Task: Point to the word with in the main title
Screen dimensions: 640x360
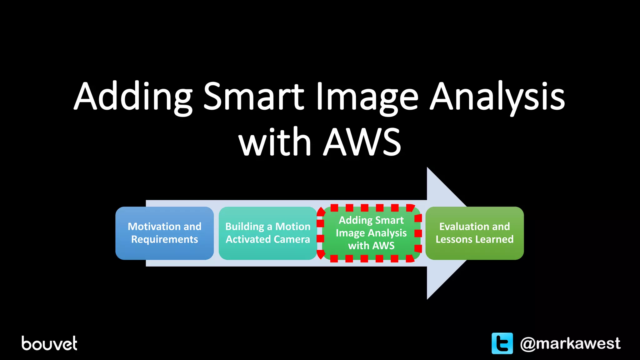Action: [275, 142]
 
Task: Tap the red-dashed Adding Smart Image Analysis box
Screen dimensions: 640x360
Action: [371, 233]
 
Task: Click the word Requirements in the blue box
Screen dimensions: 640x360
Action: [164, 239]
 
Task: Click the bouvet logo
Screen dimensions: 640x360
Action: [49, 343]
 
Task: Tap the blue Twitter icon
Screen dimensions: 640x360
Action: [502, 343]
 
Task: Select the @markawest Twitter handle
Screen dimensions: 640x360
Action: [570, 343]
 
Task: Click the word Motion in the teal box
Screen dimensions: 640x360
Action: [293, 227]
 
